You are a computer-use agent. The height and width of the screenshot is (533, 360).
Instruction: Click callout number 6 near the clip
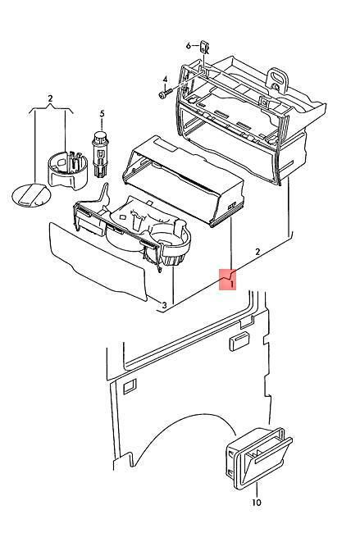click(189, 45)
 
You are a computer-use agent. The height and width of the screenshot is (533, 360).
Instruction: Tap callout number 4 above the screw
click(165, 80)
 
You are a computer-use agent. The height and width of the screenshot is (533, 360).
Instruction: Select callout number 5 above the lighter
click(102, 114)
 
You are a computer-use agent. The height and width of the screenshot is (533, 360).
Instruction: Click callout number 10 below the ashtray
click(257, 502)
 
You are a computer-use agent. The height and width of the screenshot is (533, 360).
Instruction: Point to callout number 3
click(164, 306)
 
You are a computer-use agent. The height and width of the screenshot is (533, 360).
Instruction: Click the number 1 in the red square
click(231, 284)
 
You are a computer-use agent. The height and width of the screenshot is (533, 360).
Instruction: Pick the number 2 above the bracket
click(50, 98)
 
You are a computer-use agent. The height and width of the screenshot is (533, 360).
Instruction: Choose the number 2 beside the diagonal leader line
click(257, 252)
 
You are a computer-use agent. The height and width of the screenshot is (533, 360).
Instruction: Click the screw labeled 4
click(164, 93)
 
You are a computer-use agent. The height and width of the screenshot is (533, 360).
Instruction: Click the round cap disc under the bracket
click(31, 194)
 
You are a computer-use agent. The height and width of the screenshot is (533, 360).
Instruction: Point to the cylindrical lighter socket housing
click(67, 170)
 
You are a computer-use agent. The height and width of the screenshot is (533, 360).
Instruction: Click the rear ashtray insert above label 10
click(259, 458)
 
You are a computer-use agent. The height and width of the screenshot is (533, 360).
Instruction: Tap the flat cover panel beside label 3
click(98, 260)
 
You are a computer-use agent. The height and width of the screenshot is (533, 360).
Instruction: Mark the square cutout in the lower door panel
click(130, 386)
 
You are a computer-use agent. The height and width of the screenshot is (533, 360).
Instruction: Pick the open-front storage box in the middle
click(183, 181)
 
